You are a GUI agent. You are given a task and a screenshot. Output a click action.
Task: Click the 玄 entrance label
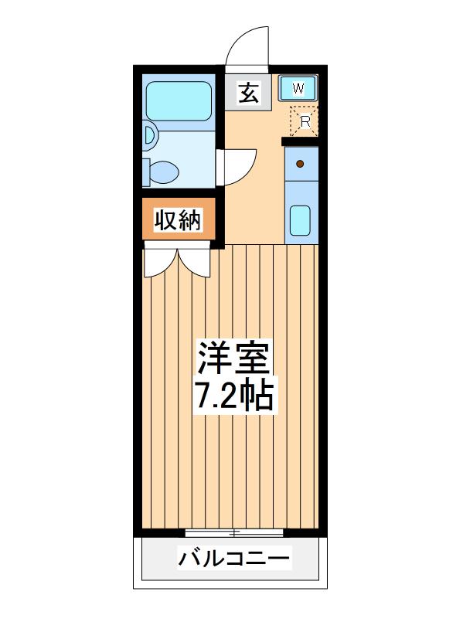point(248,93)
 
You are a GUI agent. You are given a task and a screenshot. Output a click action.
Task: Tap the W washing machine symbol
point(298,87)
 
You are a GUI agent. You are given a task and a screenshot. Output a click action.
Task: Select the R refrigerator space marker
point(304,121)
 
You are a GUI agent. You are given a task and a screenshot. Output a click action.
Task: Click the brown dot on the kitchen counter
point(300,164)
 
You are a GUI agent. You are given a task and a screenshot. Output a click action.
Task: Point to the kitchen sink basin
point(300,220)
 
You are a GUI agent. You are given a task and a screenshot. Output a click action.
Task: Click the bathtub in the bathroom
point(179,101)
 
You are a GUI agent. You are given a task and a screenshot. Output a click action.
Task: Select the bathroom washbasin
point(151,134)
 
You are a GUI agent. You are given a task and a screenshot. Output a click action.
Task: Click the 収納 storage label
point(178,220)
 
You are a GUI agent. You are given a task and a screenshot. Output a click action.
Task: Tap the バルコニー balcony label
point(234,558)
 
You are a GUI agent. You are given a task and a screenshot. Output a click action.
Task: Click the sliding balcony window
point(234,532)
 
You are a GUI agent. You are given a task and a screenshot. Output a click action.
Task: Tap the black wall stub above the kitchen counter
point(300,141)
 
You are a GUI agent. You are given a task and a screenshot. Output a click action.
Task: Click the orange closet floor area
point(179,219)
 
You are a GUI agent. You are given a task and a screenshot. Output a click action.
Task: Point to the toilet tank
point(146,172)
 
